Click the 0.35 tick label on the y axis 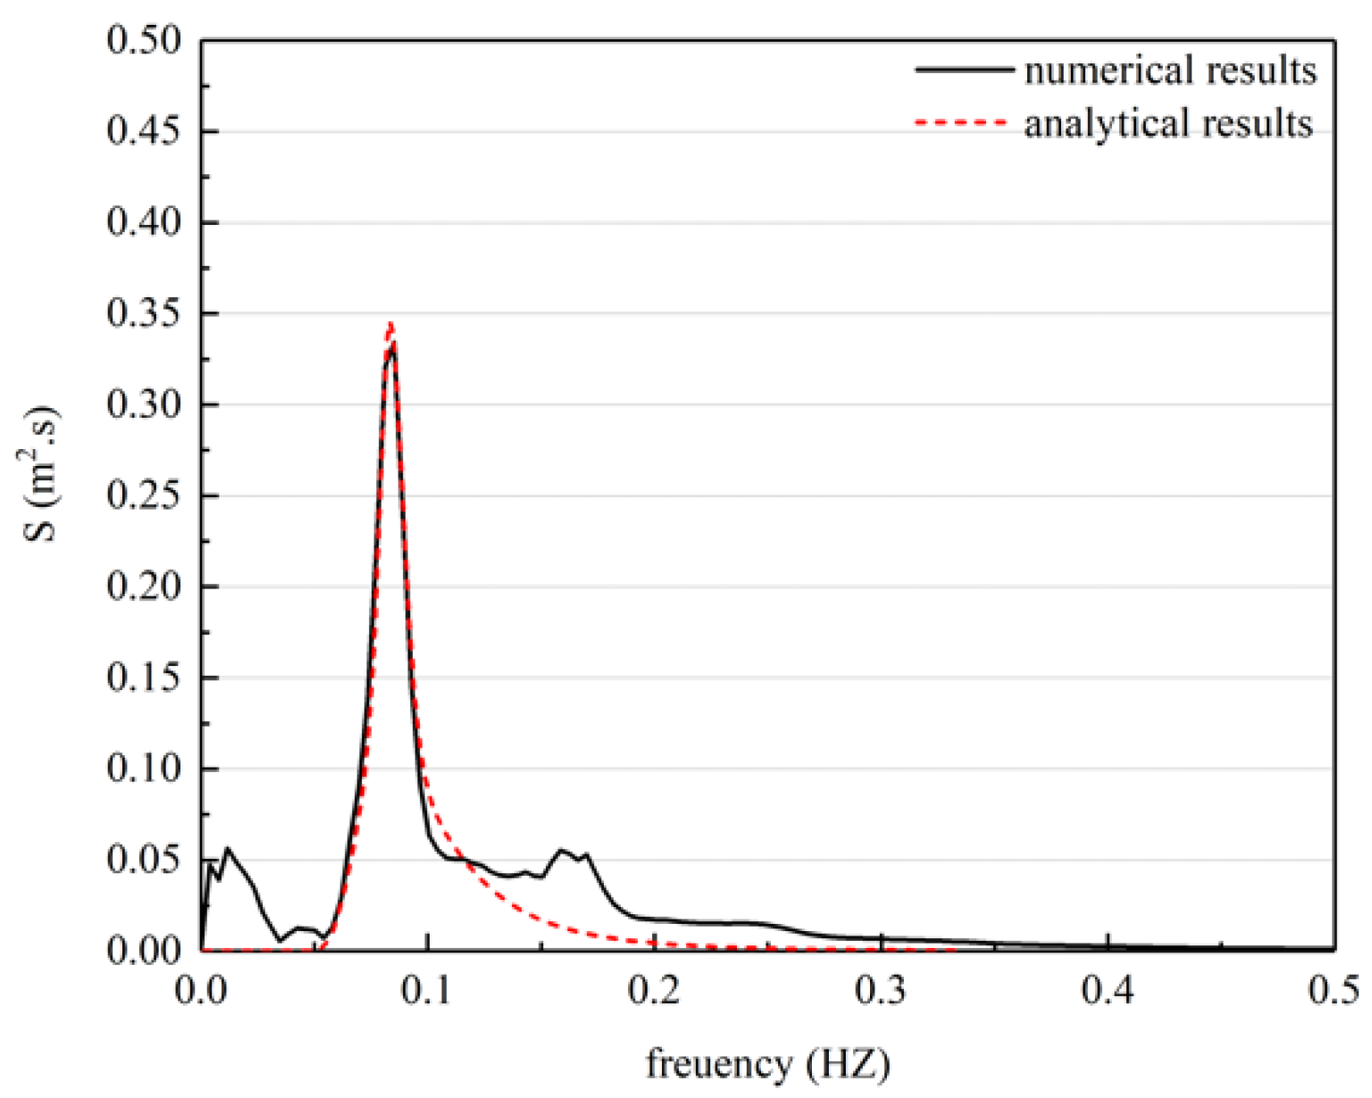(x=143, y=313)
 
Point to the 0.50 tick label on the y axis (x=143, y=40)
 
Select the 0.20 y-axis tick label (x=143, y=586)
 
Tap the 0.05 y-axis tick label (x=143, y=860)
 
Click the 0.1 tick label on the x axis (x=428, y=990)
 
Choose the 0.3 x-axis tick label (x=882, y=990)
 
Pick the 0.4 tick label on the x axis (x=1108, y=990)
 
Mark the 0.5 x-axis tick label (x=1334, y=990)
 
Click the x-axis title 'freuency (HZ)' (x=768, y=1064)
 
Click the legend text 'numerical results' (x=1170, y=71)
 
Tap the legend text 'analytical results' (x=1168, y=123)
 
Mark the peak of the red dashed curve (x=390, y=323)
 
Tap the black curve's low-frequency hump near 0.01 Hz (x=228, y=849)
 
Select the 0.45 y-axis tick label (x=143, y=131)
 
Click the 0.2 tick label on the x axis (x=655, y=990)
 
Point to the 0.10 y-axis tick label (x=143, y=769)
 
